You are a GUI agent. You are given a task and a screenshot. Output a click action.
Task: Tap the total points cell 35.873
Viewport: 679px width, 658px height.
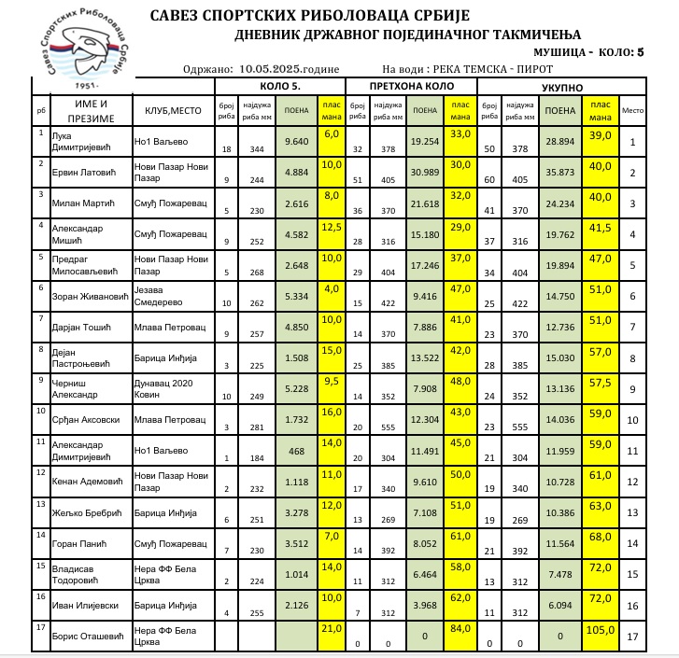coord(560,173)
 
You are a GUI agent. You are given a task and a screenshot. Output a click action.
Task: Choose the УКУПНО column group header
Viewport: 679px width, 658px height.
coord(560,87)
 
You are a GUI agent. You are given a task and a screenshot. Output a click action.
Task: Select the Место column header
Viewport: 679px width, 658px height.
coord(633,110)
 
